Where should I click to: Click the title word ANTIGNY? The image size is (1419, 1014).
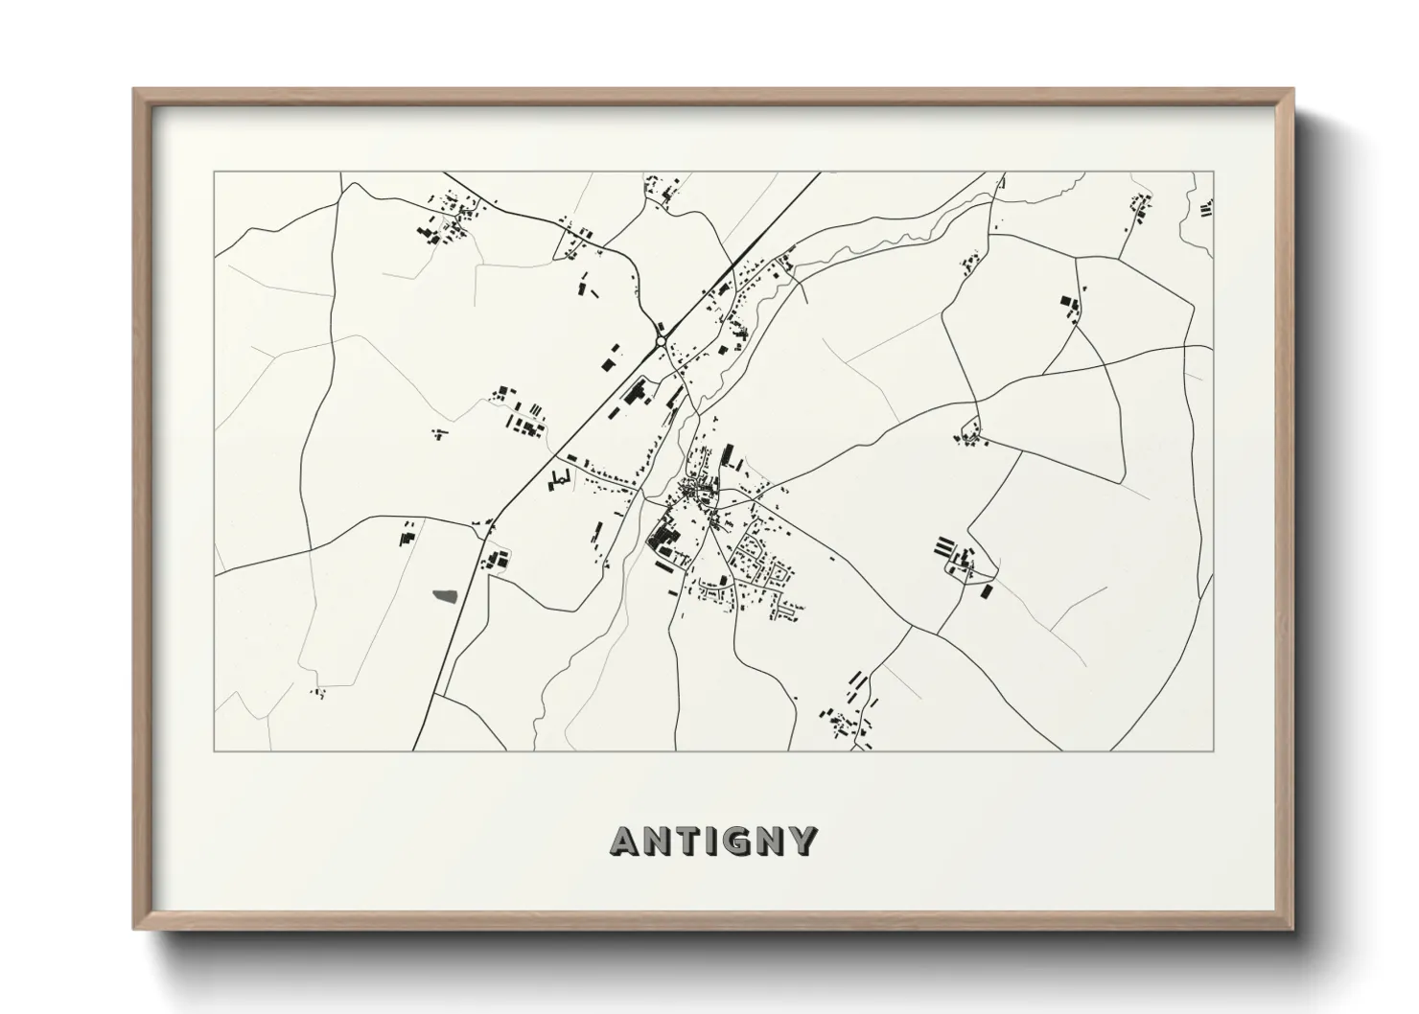coord(713,841)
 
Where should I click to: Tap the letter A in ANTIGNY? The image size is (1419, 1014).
coord(624,841)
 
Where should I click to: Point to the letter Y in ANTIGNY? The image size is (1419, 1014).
coord(803,841)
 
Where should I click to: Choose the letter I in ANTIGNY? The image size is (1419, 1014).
coord(710,841)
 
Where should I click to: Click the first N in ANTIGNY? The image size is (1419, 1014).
coord(654,841)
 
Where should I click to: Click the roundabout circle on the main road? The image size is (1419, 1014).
coord(661,340)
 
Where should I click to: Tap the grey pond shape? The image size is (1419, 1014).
coord(445,596)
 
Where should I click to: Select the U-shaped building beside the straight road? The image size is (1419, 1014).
coord(559,479)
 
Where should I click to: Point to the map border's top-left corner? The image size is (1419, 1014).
coord(215,173)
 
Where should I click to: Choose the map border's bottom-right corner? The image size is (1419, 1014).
coord(1214,750)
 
